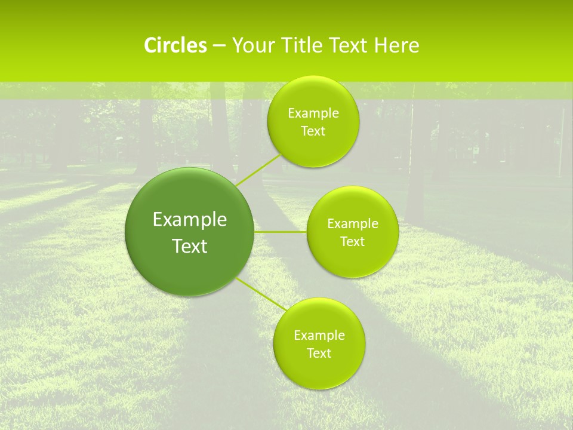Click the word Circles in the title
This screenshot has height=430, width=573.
(x=175, y=45)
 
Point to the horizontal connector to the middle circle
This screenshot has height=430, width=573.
(x=281, y=232)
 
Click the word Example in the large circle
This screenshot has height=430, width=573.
(x=190, y=220)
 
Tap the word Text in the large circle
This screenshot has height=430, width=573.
(x=190, y=246)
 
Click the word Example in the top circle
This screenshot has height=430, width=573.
(x=313, y=113)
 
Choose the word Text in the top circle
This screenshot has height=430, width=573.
(x=313, y=131)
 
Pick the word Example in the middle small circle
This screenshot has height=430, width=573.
(x=353, y=224)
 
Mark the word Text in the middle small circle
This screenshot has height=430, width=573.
(x=352, y=242)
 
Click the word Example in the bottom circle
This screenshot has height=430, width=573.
(x=319, y=336)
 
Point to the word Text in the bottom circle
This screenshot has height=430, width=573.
(x=319, y=354)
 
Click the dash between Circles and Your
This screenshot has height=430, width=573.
(x=219, y=46)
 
